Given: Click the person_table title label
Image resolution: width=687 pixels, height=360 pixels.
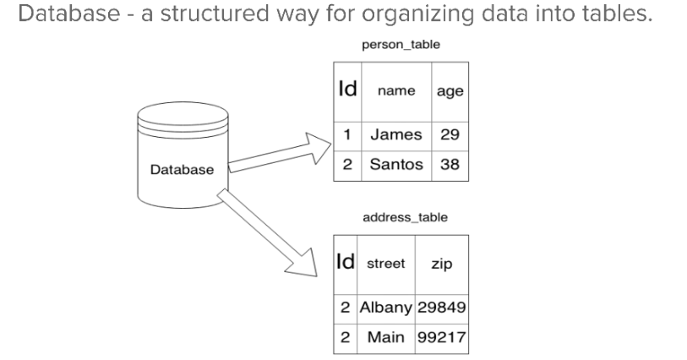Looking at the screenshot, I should click(400, 43).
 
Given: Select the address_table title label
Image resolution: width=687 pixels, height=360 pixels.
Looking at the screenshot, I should click(405, 218).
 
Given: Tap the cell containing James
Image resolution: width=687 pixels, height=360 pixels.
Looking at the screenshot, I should click(397, 135).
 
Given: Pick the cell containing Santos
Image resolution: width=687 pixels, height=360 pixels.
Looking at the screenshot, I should click(397, 165).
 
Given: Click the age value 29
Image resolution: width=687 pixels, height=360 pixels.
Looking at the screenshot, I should click(450, 135).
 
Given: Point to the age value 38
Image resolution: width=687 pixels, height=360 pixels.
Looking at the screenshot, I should click(450, 165).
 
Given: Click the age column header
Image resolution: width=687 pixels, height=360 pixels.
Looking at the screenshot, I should click(450, 91).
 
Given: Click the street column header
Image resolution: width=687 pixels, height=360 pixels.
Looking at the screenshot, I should click(385, 265).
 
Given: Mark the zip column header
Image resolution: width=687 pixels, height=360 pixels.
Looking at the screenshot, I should click(441, 265).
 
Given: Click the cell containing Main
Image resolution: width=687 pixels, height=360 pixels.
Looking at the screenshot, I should click(385, 337).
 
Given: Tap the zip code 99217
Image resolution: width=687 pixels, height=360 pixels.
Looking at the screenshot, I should click(441, 337).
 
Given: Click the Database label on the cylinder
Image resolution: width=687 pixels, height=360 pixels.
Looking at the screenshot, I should click(182, 170).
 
